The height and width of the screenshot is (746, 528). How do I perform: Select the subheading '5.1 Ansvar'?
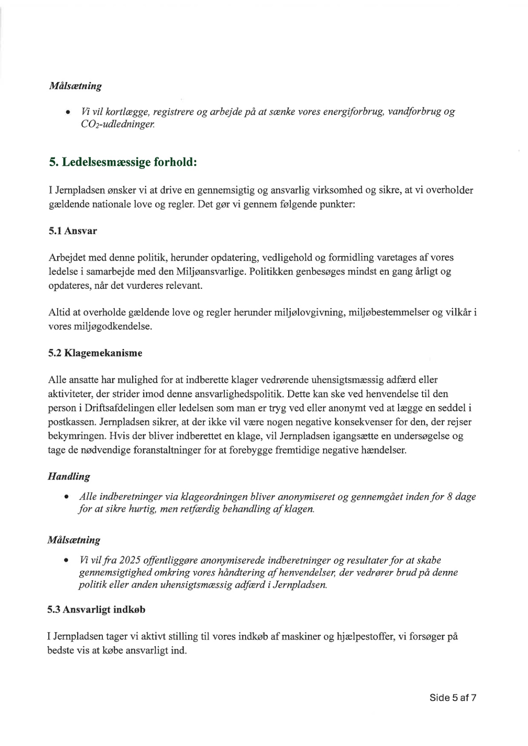[73, 231]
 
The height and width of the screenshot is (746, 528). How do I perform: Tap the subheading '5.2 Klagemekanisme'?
[95, 353]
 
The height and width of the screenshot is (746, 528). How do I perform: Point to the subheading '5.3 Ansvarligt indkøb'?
[97, 609]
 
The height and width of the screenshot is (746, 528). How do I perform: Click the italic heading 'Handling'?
[69, 477]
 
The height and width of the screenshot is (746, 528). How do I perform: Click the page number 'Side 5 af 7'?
[453, 697]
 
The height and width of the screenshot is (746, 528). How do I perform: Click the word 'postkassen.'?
[69, 422]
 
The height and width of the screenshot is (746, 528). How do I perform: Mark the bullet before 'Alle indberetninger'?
[67, 497]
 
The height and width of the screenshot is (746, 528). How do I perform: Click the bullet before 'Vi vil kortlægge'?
[68, 112]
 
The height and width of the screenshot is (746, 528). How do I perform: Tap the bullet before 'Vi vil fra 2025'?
[67, 561]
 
